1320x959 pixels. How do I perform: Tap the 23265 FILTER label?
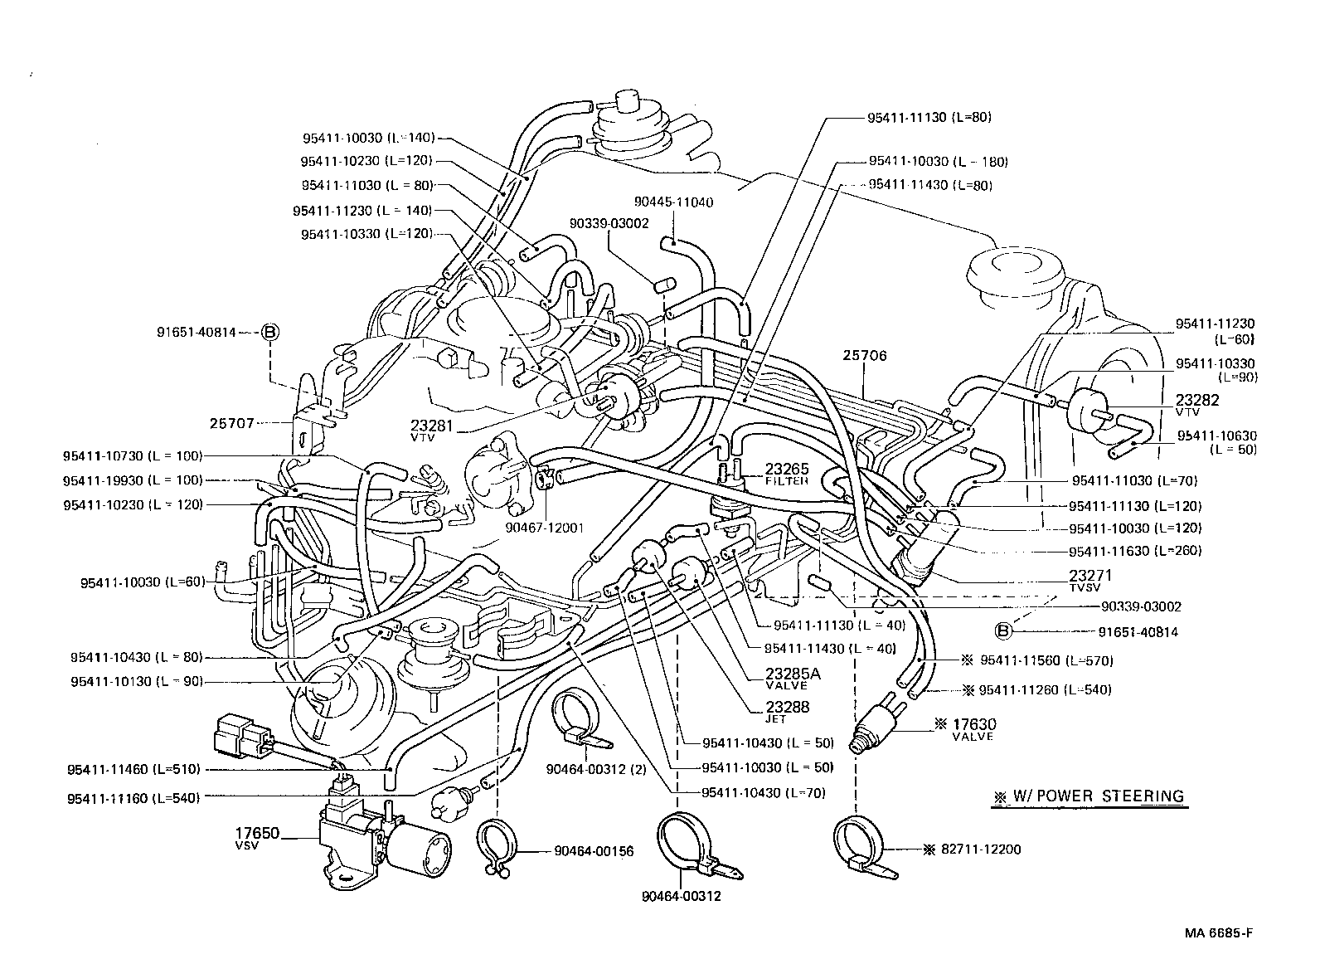coord(786,473)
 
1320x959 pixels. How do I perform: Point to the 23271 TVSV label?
coord(1089,580)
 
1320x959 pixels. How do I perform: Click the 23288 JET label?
coord(788,712)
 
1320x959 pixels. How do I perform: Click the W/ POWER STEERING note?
coord(1089,796)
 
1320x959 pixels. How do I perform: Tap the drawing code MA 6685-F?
coord(1217,932)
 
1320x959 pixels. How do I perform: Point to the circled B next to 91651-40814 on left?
coord(270,332)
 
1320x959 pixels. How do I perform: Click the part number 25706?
coord(865,356)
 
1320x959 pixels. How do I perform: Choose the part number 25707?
coord(231,423)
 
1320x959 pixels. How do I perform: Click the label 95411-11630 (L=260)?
coord(1135,550)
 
